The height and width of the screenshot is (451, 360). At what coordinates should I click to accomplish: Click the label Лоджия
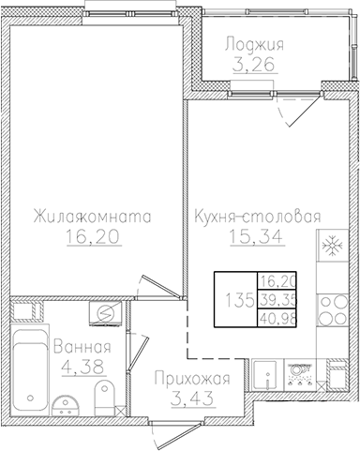(255, 44)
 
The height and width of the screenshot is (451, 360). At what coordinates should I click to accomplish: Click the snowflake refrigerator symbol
(331, 248)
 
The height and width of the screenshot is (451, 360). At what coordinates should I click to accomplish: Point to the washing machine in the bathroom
(106, 314)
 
